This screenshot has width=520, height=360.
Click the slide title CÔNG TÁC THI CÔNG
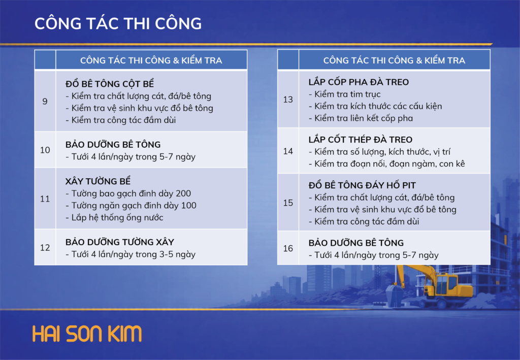click(118, 23)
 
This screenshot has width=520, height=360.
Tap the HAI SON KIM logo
click(87, 334)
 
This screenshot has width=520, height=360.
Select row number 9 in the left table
click(45, 101)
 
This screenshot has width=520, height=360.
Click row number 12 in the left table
click(45, 248)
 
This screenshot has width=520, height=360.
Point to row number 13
click(288, 100)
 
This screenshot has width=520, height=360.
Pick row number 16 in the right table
click(288, 248)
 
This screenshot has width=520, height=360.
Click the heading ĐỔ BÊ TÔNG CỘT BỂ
click(110, 84)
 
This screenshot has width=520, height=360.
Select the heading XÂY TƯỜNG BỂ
click(98, 181)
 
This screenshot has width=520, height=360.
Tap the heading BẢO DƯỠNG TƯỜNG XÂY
click(120, 242)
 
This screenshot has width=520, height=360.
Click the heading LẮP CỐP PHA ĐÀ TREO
click(359, 82)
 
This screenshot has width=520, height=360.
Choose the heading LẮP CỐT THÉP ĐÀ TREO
click(361, 139)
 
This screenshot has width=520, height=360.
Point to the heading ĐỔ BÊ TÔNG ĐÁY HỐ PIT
click(362, 185)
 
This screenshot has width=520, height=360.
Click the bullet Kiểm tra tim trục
click(345, 94)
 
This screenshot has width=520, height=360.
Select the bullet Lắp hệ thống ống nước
click(114, 217)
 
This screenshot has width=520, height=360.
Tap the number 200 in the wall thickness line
click(183, 193)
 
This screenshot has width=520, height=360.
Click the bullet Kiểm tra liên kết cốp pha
click(361, 118)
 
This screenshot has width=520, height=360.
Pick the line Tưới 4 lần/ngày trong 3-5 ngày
click(131, 254)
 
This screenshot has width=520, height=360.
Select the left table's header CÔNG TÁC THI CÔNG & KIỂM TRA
click(151, 60)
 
